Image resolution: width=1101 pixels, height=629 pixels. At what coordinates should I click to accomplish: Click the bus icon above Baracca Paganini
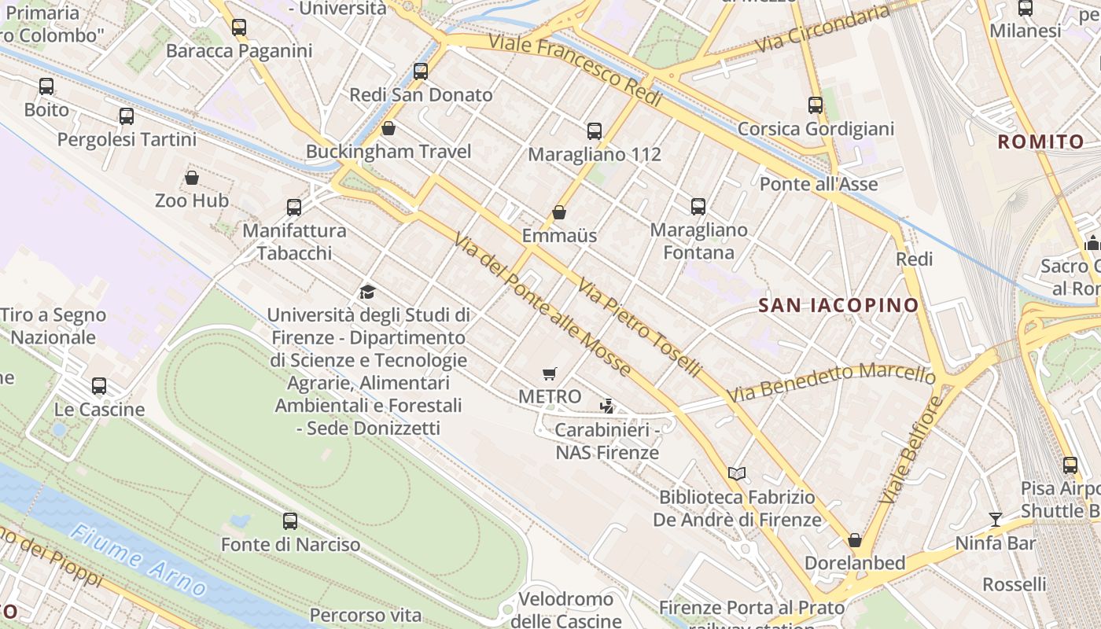[239, 28]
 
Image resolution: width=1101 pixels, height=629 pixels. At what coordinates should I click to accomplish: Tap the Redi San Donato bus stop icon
[421, 72]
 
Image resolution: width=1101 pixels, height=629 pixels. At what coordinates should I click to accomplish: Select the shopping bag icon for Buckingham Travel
[388, 128]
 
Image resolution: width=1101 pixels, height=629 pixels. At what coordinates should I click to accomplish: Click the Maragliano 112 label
[594, 154]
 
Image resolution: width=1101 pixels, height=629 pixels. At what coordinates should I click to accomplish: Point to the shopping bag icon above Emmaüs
[559, 212]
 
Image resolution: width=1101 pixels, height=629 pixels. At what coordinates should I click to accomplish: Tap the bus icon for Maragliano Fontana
[698, 207]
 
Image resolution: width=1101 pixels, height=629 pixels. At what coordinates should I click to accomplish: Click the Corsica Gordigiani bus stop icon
[816, 105]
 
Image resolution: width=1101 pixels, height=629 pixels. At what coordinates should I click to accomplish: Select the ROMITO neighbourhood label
[1040, 142]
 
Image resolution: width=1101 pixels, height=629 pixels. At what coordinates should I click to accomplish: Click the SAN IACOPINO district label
[838, 305]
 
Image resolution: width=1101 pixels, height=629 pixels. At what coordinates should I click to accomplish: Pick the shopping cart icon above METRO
[550, 373]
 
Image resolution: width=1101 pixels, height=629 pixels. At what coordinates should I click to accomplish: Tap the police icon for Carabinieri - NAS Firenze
[606, 406]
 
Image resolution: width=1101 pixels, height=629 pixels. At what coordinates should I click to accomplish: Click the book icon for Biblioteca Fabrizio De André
[737, 473]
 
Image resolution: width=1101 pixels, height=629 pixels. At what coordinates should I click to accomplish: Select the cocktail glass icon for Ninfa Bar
[996, 519]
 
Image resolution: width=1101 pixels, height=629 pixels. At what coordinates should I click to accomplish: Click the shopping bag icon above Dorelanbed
[855, 540]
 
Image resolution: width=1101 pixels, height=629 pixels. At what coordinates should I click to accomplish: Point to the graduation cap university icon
[367, 292]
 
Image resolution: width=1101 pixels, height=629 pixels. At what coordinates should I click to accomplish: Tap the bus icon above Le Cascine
[99, 386]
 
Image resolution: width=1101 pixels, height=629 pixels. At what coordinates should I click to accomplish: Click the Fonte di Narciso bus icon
[290, 520]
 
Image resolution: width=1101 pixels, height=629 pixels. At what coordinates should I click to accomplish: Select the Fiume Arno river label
[138, 561]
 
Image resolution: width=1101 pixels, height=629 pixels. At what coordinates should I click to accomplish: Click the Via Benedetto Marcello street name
[832, 381]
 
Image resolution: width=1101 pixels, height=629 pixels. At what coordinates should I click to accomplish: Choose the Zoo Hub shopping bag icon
[192, 178]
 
